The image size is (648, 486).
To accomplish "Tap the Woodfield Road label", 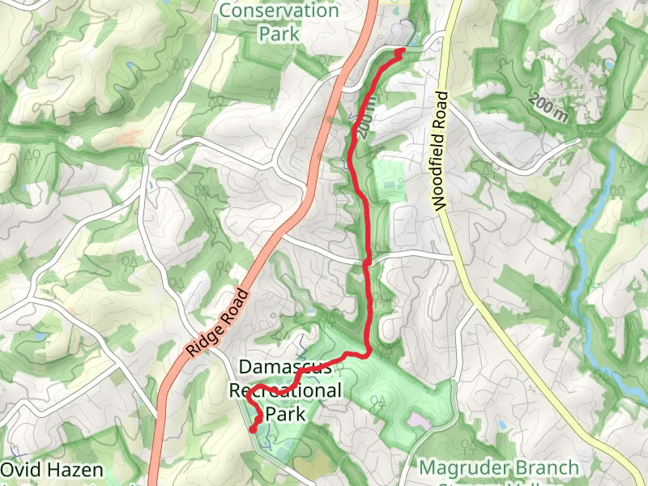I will click(x=442, y=151).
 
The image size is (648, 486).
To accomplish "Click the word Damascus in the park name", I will click(x=284, y=366).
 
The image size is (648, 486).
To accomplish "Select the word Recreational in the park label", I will click(x=285, y=390).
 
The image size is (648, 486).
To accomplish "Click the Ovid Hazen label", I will click(x=52, y=470).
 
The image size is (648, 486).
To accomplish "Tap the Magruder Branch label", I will click(x=500, y=468).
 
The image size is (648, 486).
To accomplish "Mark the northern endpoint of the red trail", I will click(x=401, y=51).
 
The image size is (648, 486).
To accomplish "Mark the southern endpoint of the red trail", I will click(x=253, y=429).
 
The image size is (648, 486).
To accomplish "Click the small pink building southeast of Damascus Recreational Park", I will click(x=418, y=422).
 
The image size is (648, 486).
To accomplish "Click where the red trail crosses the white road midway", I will click(x=367, y=261).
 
